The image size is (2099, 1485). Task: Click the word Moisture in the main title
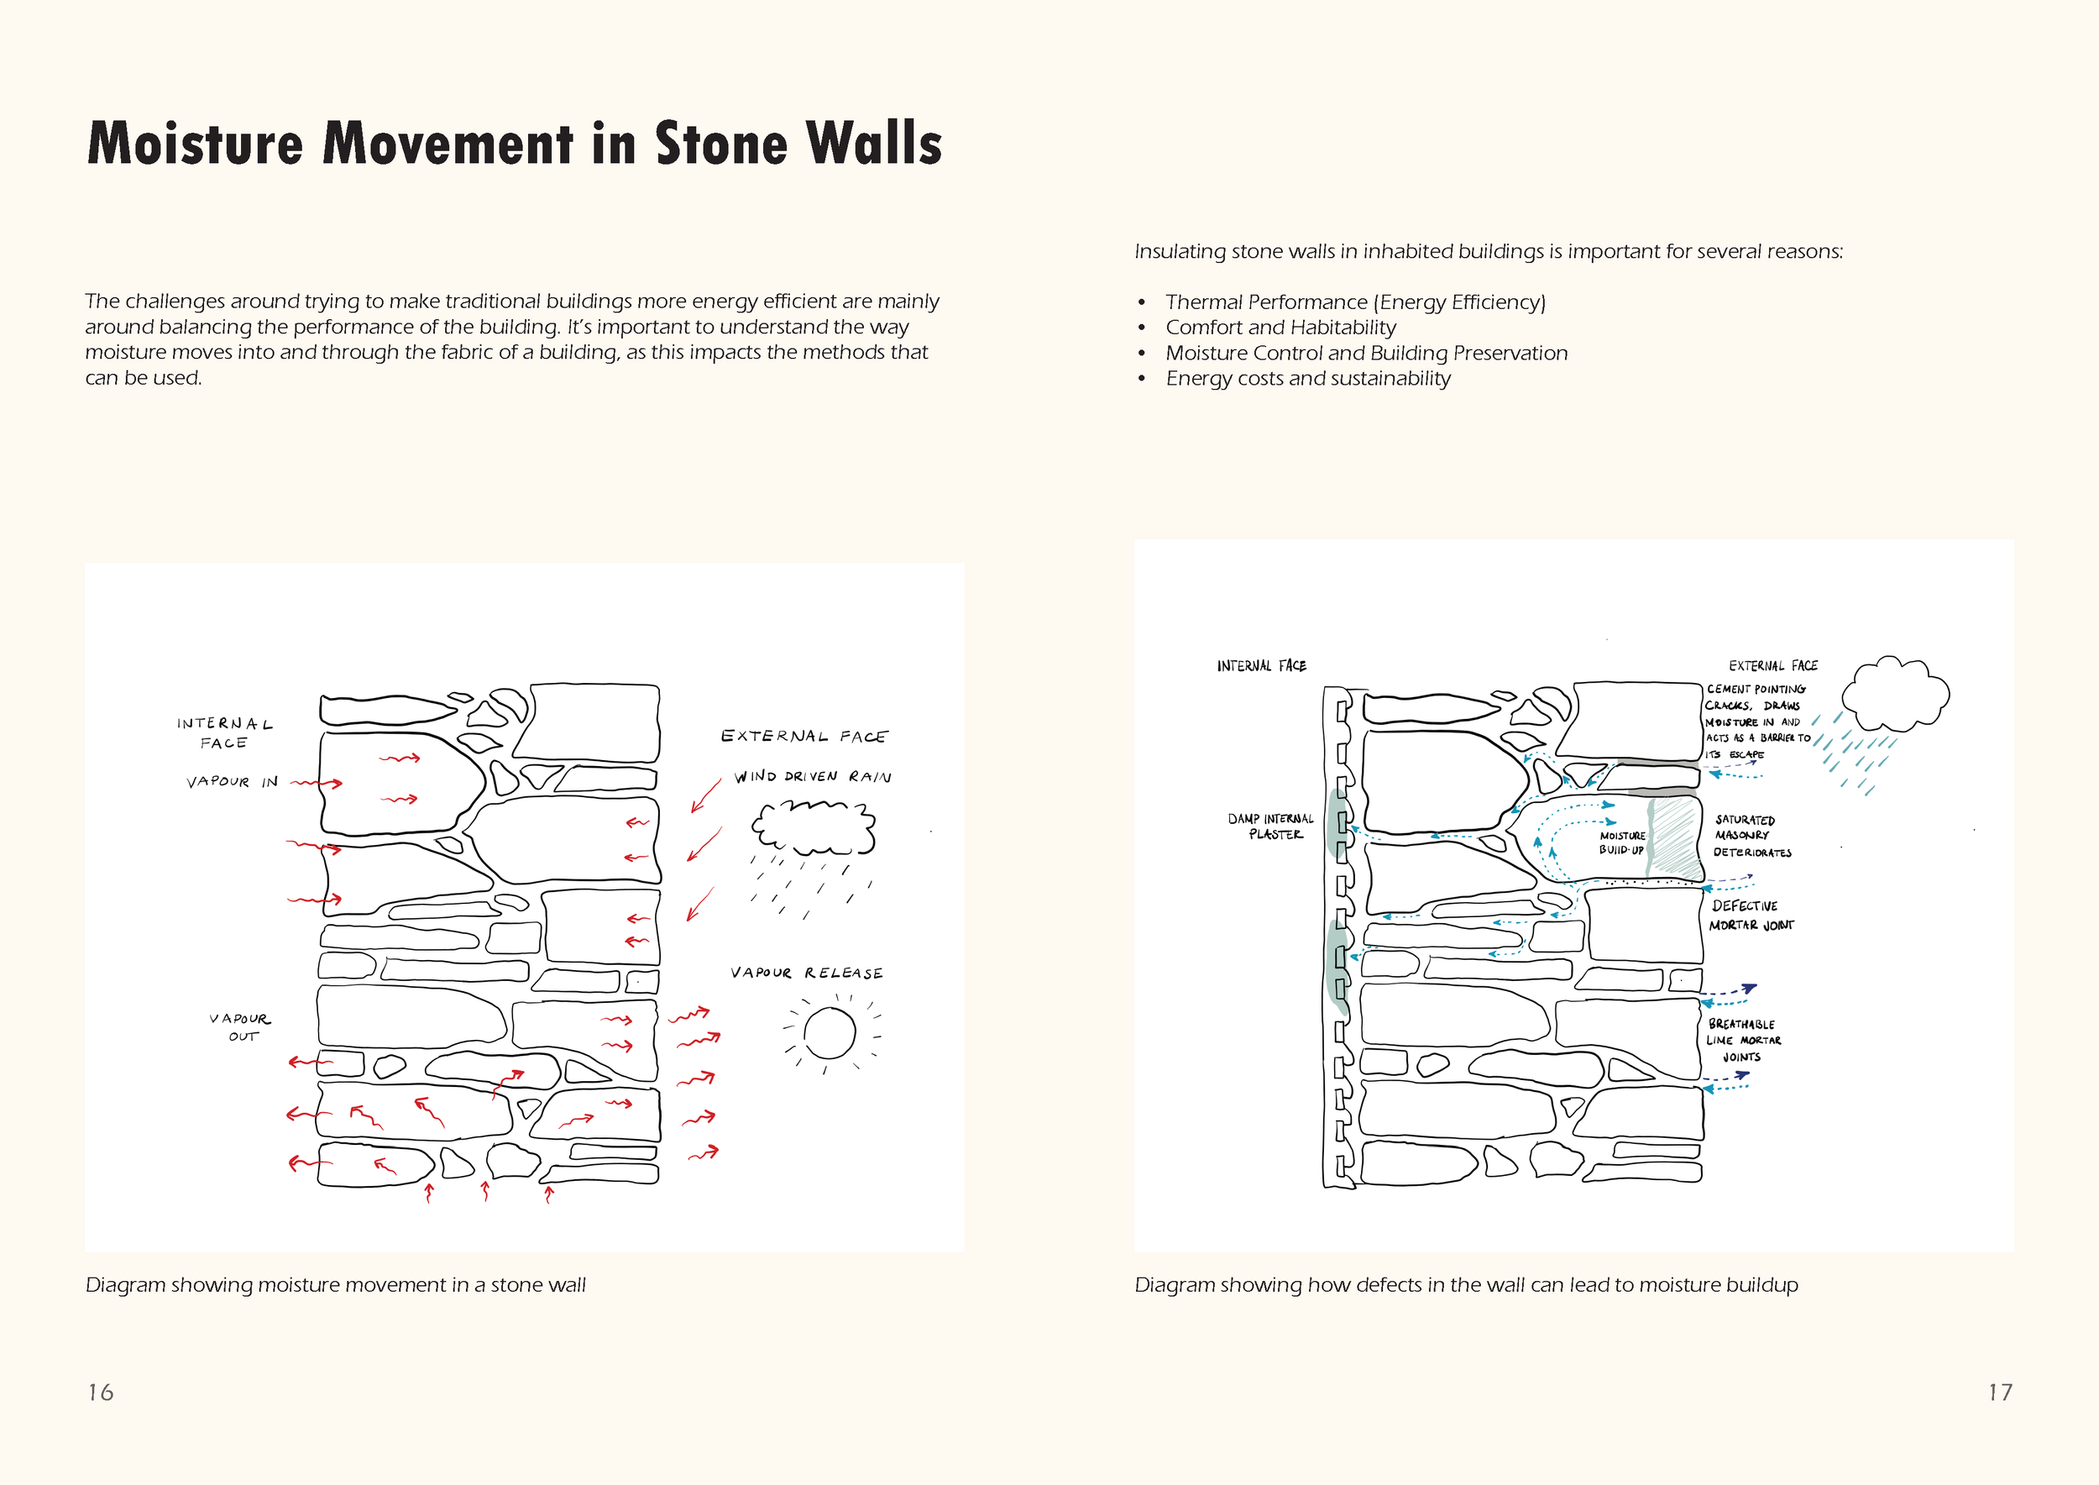click(195, 144)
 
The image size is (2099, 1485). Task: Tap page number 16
click(101, 1392)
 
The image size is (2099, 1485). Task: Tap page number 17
click(2000, 1392)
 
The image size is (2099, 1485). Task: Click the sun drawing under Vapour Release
click(830, 1033)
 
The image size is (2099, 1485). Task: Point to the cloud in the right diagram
click(1894, 697)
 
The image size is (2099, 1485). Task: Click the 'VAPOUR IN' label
click(233, 782)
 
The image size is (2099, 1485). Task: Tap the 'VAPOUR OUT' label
click(240, 1027)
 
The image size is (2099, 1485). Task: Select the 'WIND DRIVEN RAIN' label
click(813, 776)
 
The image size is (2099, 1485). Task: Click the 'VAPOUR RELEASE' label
click(806, 973)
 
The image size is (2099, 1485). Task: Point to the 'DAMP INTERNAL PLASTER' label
click(1272, 826)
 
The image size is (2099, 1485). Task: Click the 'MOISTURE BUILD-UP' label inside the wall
click(1622, 842)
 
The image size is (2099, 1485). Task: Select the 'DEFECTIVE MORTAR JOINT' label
click(1751, 916)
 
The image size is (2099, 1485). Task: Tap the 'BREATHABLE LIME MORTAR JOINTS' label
click(1742, 1041)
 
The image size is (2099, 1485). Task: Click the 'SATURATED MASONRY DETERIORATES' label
click(1751, 836)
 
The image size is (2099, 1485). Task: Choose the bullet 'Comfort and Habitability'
click(1280, 328)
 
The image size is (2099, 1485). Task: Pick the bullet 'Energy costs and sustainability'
click(1307, 379)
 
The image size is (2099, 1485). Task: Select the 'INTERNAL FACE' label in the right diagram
click(1261, 666)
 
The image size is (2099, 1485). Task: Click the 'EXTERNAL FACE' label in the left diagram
click(803, 736)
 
